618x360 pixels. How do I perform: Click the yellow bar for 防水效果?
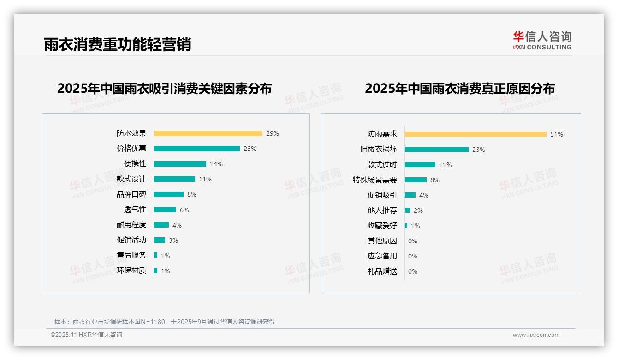pyautogui.click(x=208, y=133)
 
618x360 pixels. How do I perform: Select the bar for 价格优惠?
pyautogui.click(x=197, y=149)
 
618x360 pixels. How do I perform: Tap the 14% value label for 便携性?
pyautogui.click(x=216, y=164)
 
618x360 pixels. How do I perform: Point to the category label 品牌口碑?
pyautogui.click(x=131, y=194)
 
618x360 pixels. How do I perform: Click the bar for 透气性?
pyautogui.click(x=165, y=210)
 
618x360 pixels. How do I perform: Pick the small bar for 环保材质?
pyautogui.click(x=156, y=270)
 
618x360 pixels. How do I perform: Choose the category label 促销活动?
pyautogui.click(x=131, y=240)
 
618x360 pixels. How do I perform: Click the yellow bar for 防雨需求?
pyautogui.click(x=475, y=134)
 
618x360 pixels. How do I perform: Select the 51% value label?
pyautogui.click(x=557, y=135)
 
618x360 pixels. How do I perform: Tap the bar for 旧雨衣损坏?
pyautogui.click(x=437, y=150)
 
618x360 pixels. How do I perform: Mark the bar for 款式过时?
pyautogui.click(x=420, y=165)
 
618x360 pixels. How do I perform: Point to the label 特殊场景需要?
pyautogui.click(x=375, y=180)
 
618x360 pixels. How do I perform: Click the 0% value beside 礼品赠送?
pyautogui.click(x=413, y=271)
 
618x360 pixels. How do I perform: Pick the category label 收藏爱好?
pyautogui.click(x=382, y=226)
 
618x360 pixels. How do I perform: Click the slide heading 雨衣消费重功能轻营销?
pyautogui.click(x=117, y=44)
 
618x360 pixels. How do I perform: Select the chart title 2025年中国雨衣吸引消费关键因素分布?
pyautogui.click(x=165, y=88)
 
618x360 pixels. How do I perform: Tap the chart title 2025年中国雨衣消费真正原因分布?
pyautogui.click(x=460, y=88)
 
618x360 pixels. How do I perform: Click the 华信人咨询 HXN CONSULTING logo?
pyautogui.click(x=542, y=41)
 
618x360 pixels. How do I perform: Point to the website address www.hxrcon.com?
pyautogui.click(x=536, y=335)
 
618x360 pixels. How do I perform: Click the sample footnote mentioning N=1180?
pyautogui.click(x=165, y=322)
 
